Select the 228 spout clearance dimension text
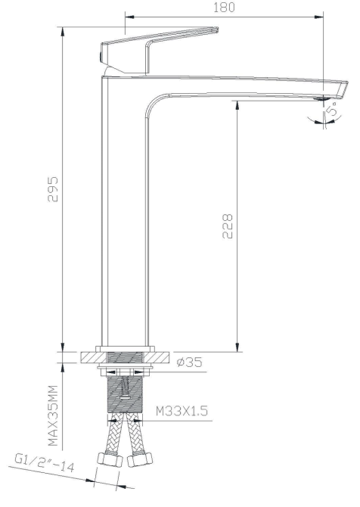pyautogui.click(x=228, y=225)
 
